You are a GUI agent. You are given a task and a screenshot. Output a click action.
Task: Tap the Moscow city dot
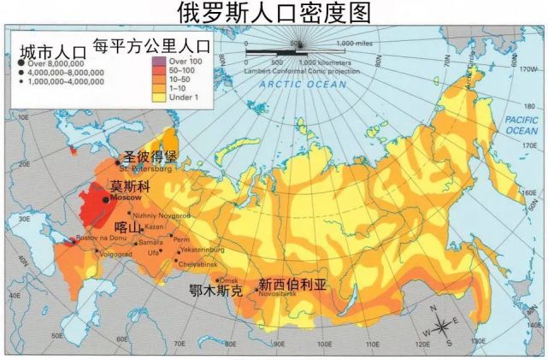[x=105, y=199]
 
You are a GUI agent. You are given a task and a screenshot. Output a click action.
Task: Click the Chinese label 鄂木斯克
[x=215, y=291]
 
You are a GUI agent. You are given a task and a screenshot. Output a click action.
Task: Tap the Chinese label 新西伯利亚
[x=292, y=283]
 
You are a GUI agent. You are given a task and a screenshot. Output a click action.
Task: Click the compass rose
[x=441, y=326]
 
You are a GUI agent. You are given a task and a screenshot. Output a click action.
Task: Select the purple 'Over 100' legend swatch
[x=156, y=62]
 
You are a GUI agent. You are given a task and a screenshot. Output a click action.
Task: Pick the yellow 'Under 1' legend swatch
[x=156, y=95]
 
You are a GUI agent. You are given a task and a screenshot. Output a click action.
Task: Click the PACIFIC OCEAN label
[x=521, y=125]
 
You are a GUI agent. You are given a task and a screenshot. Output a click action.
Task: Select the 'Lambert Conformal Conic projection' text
[x=295, y=70]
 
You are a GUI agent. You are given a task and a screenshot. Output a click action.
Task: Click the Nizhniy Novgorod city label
[x=162, y=216]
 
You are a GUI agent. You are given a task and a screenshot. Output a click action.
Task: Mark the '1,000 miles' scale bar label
[x=356, y=44]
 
